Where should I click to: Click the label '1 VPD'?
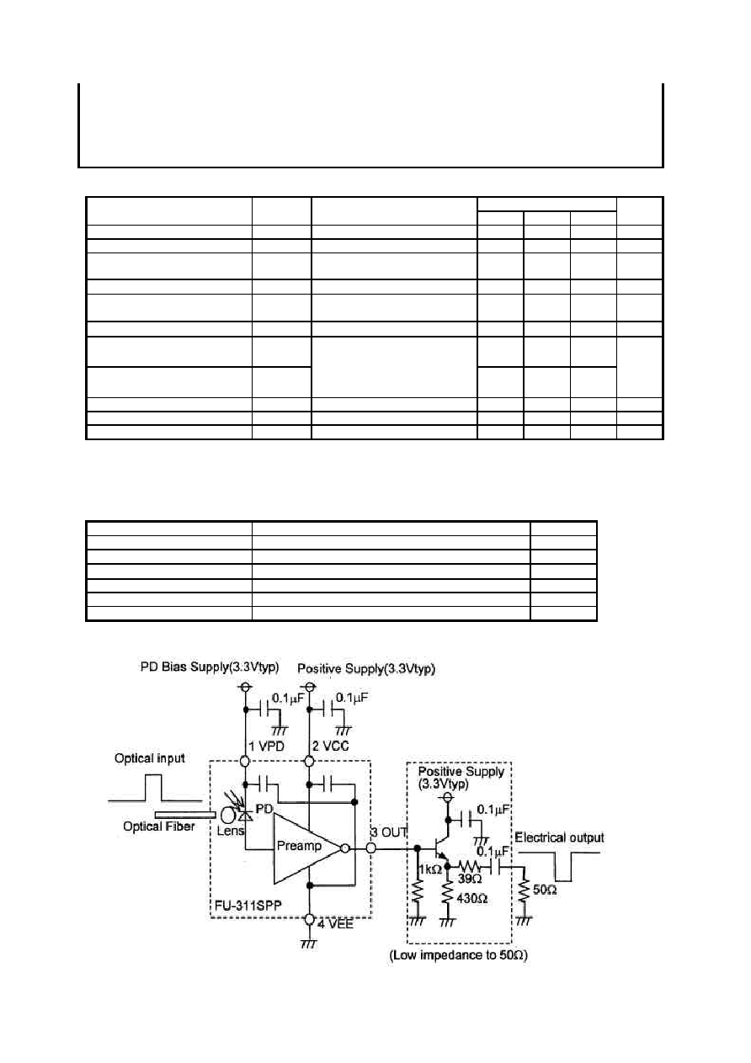pos(266,746)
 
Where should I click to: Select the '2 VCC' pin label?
pos(330,746)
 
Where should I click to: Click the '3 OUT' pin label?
pos(389,832)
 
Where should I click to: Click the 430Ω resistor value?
pos(471,898)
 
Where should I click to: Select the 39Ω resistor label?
pos(470,879)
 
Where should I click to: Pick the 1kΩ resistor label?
pos(430,869)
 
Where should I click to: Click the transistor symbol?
pos(440,848)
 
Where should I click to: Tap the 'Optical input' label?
pos(150,758)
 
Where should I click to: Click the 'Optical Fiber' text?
pos(158,826)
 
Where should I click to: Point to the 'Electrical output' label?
pos(559,837)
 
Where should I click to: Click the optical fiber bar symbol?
pos(185,815)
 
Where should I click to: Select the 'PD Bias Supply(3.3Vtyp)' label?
pos(210,667)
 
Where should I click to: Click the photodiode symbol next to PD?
pos(245,816)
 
